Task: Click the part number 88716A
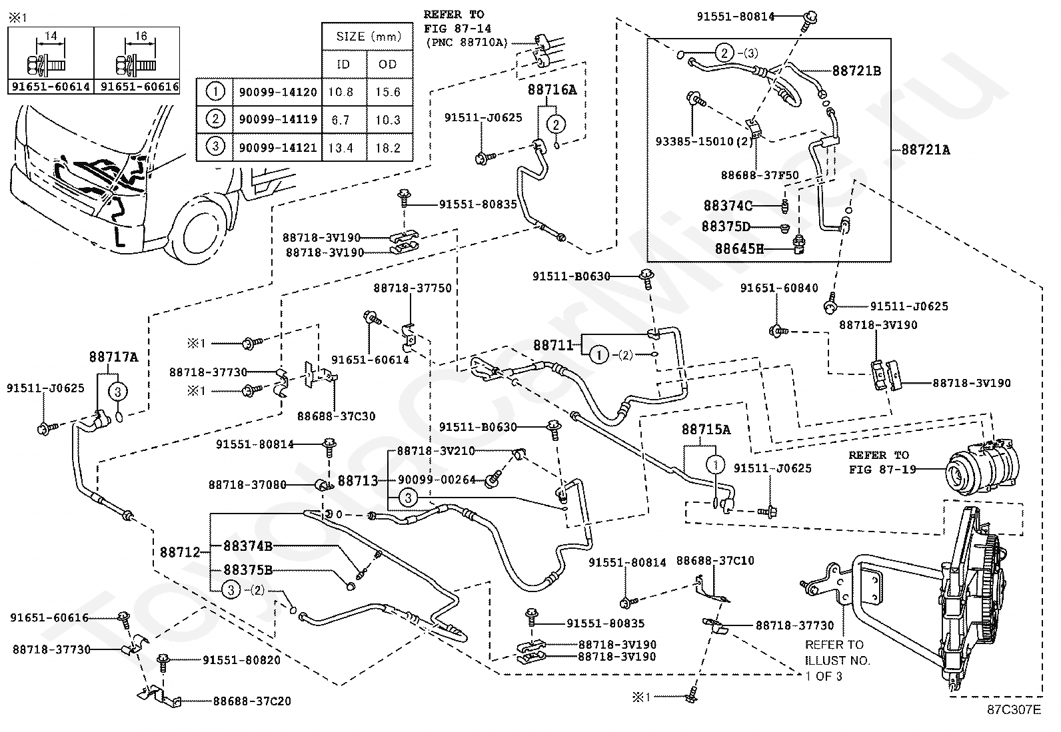[x=552, y=90]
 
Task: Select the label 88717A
[x=114, y=357]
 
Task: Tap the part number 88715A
[x=706, y=430]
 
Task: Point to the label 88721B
[x=856, y=71]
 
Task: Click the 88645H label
[x=739, y=248]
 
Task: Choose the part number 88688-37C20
[x=252, y=701]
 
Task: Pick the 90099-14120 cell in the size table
[x=277, y=92]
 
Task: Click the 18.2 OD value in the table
[x=388, y=149]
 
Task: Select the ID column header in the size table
[x=343, y=65]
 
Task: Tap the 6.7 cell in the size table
[x=341, y=121]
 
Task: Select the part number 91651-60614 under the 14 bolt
[x=51, y=87]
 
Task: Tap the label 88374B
[x=248, y=546]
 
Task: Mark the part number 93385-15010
[x=694, y=142]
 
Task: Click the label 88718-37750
[x=413, y=288]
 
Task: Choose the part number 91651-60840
[x=779, y=288]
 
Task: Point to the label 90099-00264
[x=437, y=480]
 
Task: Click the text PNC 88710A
[x=467, y=43]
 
